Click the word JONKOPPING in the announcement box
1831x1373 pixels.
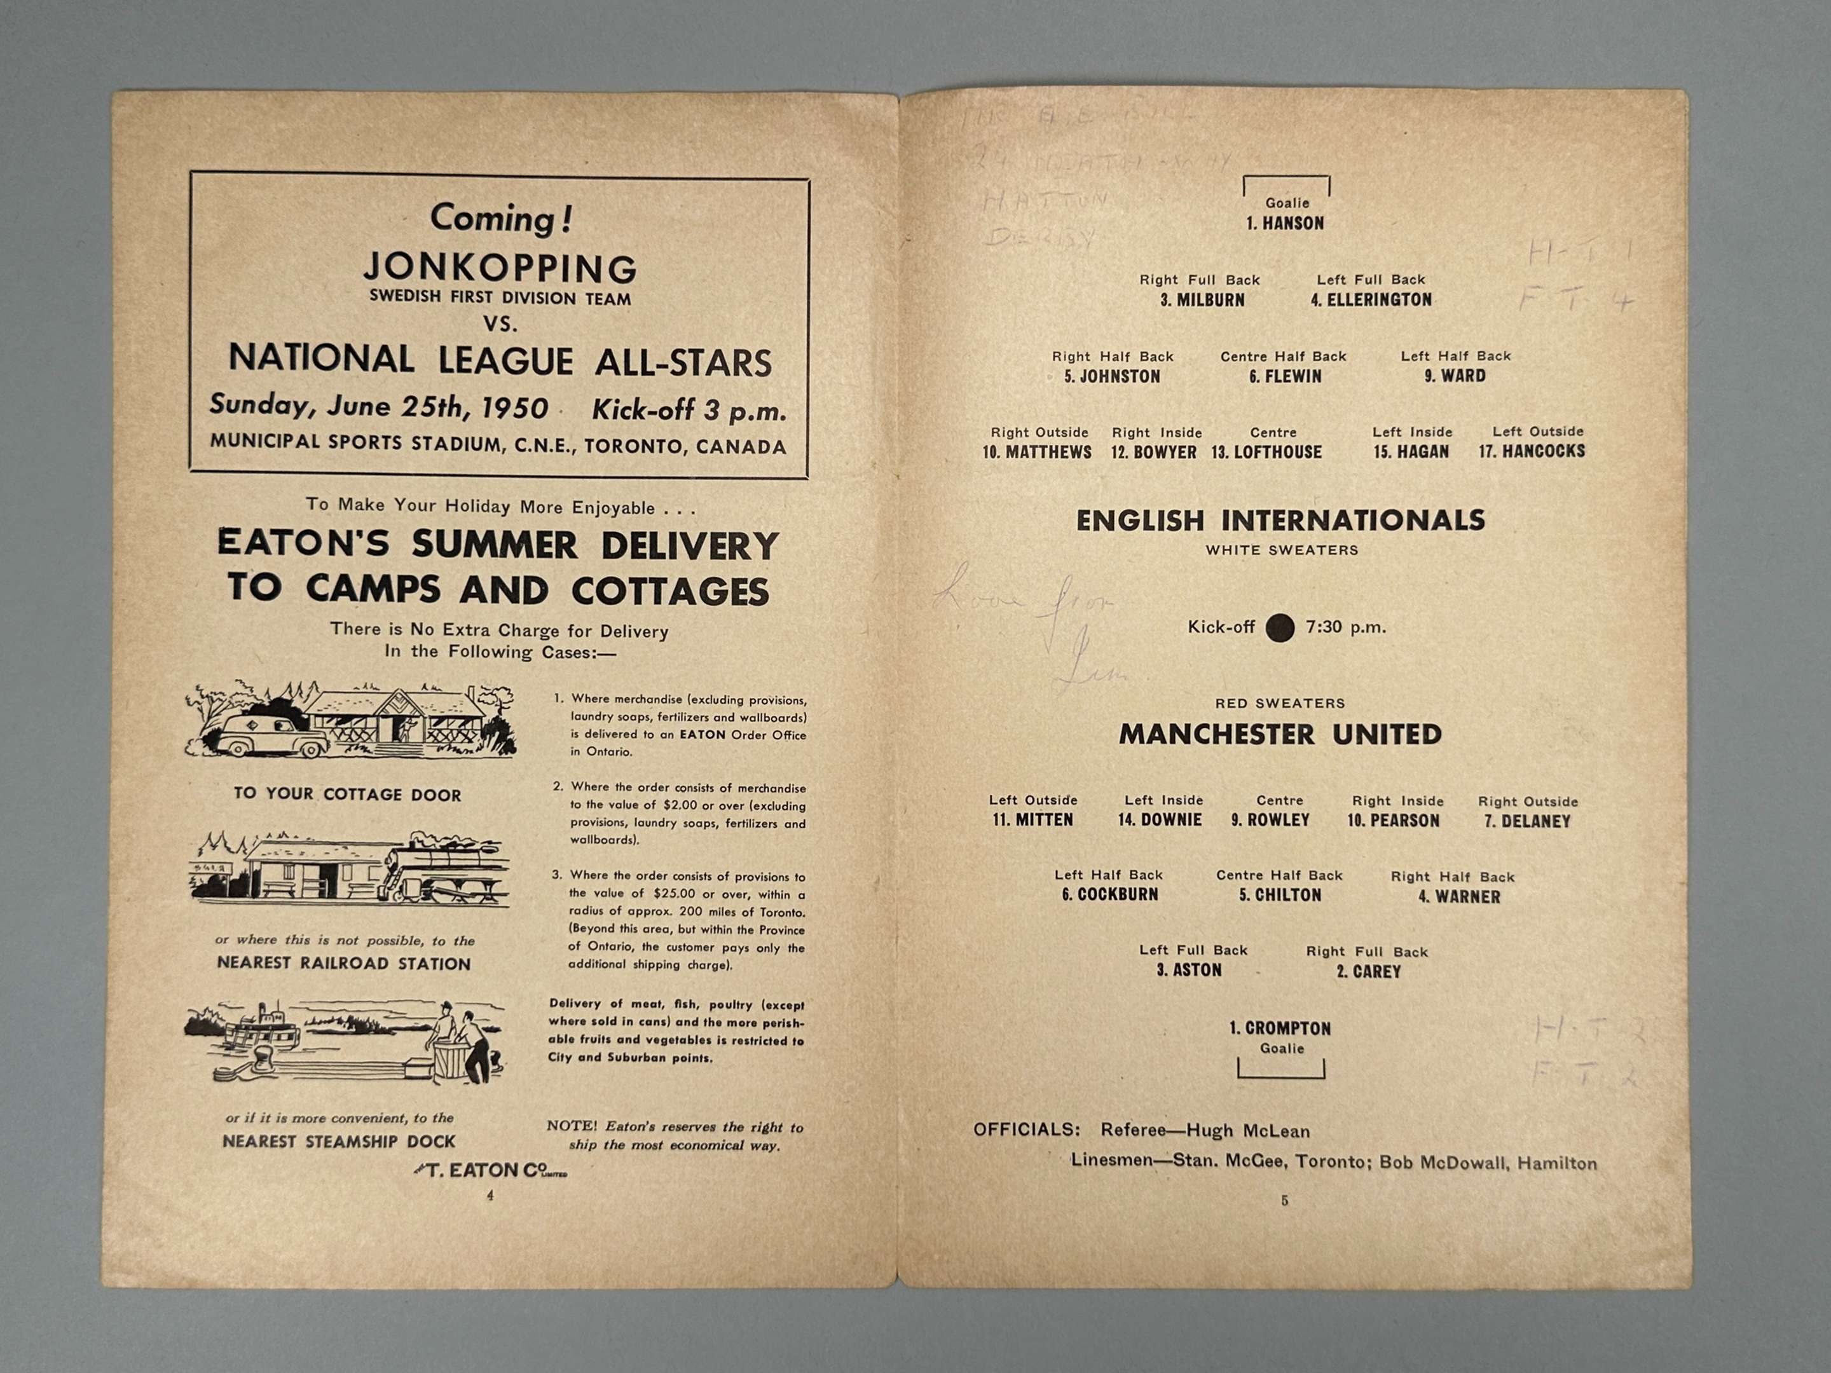[500, 268]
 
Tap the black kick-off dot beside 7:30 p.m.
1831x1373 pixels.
[1280, 627]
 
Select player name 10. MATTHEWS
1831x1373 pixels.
[1036, 453]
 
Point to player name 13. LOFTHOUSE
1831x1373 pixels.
[1266, 453]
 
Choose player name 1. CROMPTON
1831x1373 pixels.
[1280, 1028]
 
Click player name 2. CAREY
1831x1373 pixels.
[1368, 972]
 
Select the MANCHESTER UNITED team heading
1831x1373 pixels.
[1280, 735]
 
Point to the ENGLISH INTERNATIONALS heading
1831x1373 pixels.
[1280, 521]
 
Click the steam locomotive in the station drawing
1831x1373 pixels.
[447, 876]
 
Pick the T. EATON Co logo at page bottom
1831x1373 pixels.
[490, 1170]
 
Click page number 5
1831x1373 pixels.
[1285, 1201]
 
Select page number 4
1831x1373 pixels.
[490, 1195]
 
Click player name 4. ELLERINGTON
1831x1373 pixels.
[1371, 299]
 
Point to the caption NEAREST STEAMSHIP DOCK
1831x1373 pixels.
[339, 1141]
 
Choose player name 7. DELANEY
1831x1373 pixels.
[1527, 822]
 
